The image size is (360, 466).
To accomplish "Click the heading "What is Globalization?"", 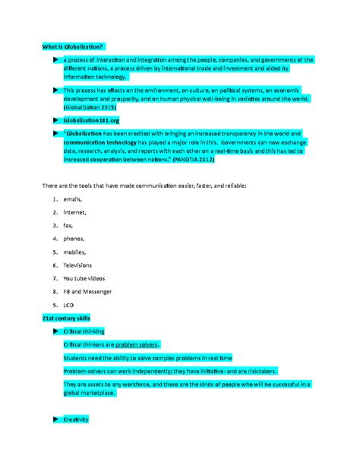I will point(73,46).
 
